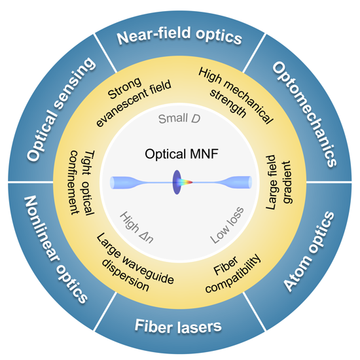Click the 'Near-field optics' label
pos(179,35)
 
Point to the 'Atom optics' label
pos(309,251)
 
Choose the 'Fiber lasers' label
pos(178,326)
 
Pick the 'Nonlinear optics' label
pos(56,249)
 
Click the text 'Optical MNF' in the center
pos(181,154)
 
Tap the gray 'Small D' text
pos(179,118)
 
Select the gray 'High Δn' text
pos(137,227)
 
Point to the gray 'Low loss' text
pos(227,225)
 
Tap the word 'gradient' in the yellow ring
pos(287,182)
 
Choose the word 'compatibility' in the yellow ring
pos(234,274)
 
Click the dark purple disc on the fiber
pos(177,183)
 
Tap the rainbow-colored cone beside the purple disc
pos(187,182)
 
